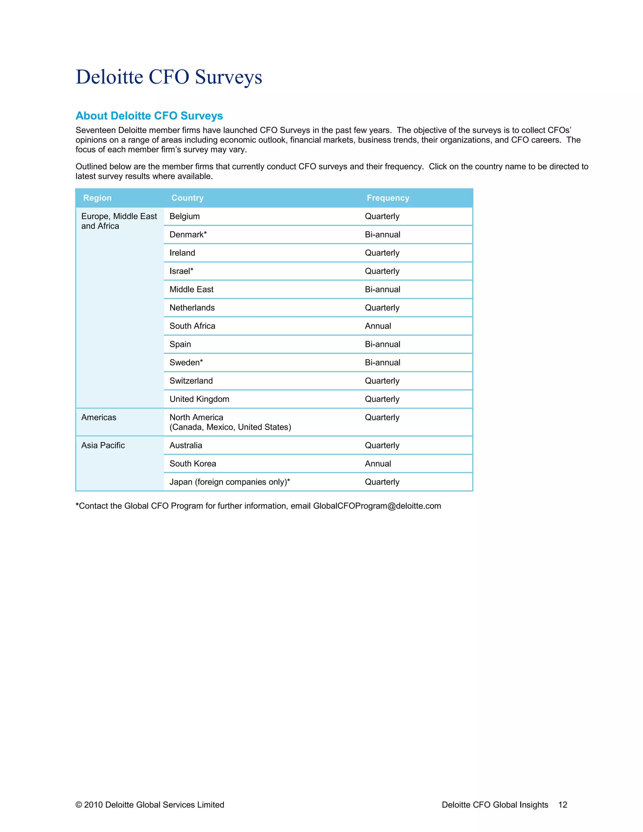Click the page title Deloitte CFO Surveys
click(x=169, y=77)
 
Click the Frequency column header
click(x=388, y=198)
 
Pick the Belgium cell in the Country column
click(x=184, y=216)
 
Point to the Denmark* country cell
click(x=188, y=235)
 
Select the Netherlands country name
click(x=192, y=308)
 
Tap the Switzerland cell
click(x=191, y=381)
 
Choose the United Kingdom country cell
click(x=199, y=399)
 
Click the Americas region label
click(x=99, y=418)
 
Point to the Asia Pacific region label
click(x=103, y=445)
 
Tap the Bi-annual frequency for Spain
click(x=382, y=344)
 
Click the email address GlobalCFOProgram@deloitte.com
click(x=377, y=506)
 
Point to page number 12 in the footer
click(x=563, y=805)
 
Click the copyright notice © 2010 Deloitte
click(x=150, y=805)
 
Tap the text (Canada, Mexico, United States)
click(x=230, y=427)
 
